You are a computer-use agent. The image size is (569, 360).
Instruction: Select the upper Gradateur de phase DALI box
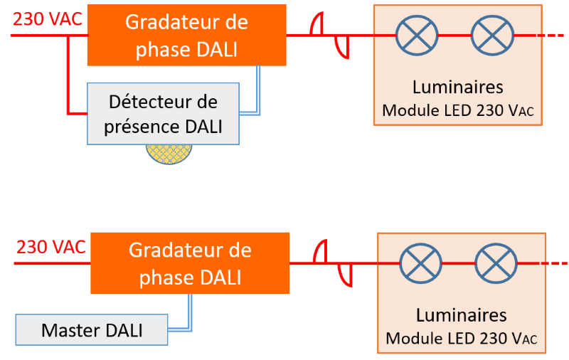186,34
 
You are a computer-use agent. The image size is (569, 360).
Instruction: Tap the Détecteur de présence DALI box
164,114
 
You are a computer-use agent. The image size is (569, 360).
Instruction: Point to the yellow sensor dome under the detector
169,152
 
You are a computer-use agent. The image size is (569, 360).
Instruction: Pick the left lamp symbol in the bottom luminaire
420,263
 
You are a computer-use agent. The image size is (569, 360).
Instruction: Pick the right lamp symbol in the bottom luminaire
496,263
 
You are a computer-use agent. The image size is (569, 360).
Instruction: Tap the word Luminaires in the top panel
458,88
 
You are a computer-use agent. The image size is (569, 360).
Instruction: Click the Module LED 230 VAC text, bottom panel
462,339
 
